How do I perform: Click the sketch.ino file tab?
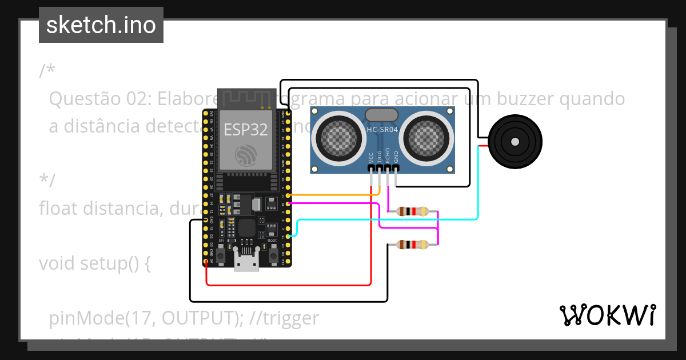[x=101, y=25]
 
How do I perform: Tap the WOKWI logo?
[x=607, y=315]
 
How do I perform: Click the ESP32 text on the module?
[x=246, y=129]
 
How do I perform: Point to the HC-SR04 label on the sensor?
[x=382, y=130]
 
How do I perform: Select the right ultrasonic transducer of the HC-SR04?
[x=429, y=135]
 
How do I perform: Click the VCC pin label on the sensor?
[x=372, y=158]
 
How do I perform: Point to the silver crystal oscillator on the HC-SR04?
[x=382, y=114]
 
